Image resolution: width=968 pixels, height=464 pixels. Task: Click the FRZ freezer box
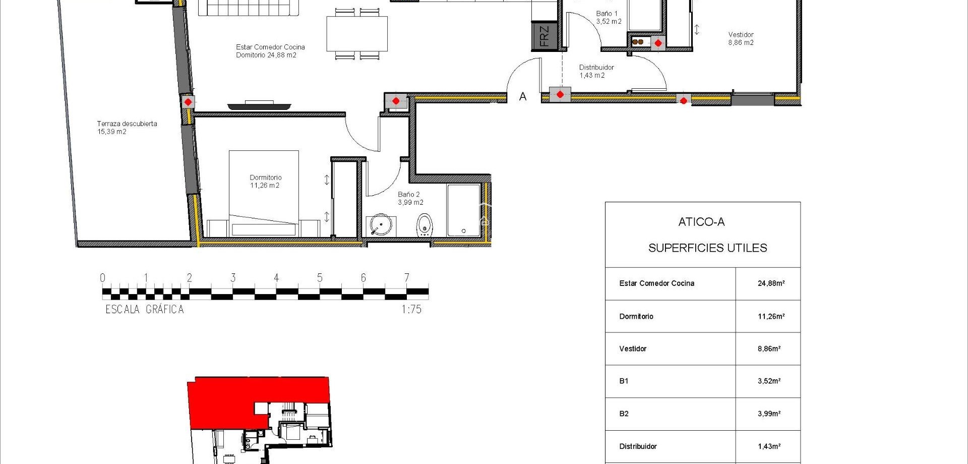[x=544, y=36]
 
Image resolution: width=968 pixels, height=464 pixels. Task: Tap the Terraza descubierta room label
[x=127, y=127]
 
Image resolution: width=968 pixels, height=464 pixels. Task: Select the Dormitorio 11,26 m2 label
[x=265, y=181]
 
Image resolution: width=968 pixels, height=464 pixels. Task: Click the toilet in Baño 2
[x=425, y=224]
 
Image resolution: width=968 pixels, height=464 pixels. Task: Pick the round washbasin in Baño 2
[x=380, y=225]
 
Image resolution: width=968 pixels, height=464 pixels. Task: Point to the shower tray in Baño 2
[x=463, y=210]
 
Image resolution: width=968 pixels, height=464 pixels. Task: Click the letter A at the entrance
[x=523, y=96]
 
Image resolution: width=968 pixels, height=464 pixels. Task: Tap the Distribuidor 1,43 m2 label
[x=596, y=71]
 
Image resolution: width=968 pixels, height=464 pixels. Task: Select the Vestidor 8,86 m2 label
[x=741, y=38]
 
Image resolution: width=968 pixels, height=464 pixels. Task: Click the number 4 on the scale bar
[x=276, y=277]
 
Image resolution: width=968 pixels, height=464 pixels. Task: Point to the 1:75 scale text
[x=411, y=309]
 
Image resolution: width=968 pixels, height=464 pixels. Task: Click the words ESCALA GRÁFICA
[x=145, y=309]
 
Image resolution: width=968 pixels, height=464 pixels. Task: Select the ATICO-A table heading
[x=701, y=222]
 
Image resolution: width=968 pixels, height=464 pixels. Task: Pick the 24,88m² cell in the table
[x=770, y=283]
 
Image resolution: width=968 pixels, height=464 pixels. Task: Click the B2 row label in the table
[x=624, y=414]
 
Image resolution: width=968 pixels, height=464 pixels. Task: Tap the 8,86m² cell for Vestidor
[x=769, y=349]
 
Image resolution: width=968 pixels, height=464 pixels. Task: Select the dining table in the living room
[x=357, y=34]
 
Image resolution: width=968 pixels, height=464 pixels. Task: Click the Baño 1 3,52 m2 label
[x=609, y=18]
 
